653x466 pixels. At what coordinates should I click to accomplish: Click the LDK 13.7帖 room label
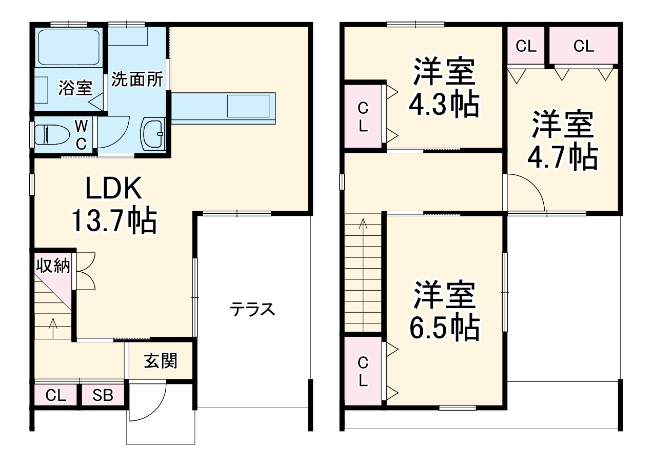pos(113,206)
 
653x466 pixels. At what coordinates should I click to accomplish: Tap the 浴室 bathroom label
pos(75,88)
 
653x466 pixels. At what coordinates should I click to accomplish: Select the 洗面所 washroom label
pos(137,79)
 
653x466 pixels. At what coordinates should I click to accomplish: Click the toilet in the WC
pos(51,135)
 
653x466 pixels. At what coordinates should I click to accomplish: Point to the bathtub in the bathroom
pos(68,47)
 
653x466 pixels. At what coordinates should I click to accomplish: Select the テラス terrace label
pos(252,309)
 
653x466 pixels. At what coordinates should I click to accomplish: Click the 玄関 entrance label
pos(161,361)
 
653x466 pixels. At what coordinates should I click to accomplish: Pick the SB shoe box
pos(103,395)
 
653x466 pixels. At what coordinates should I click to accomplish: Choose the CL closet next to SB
pos(56,395)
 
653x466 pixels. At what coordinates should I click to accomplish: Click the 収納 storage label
pos(53,266)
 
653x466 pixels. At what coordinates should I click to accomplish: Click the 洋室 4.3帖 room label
pos(444,87)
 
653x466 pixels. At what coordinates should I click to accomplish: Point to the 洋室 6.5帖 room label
pos(444,311)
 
